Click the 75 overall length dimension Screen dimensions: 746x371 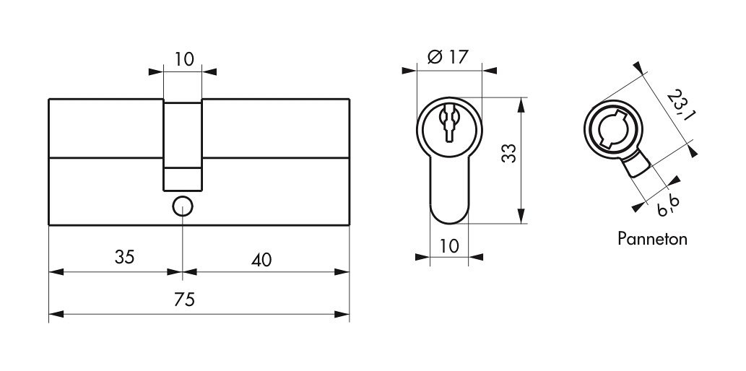[185, 300]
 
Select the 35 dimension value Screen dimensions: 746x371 [125, 257]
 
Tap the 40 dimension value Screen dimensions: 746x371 [261, 260]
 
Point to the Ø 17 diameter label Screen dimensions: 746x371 [448, 57]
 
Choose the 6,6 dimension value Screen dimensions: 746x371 [668, 205]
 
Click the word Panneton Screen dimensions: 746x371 [652, 238]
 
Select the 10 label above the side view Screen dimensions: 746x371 [184, 59]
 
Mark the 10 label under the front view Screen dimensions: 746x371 [448, 246]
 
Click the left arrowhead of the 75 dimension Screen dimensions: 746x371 [56, 315]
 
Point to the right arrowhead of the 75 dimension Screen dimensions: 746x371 [342, 315]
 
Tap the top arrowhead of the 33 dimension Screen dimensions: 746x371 [521, 105]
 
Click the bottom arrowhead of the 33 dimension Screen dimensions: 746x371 [521, 216]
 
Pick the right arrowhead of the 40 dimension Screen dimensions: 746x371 [342, 272]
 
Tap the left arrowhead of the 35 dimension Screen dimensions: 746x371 [56, 272]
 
